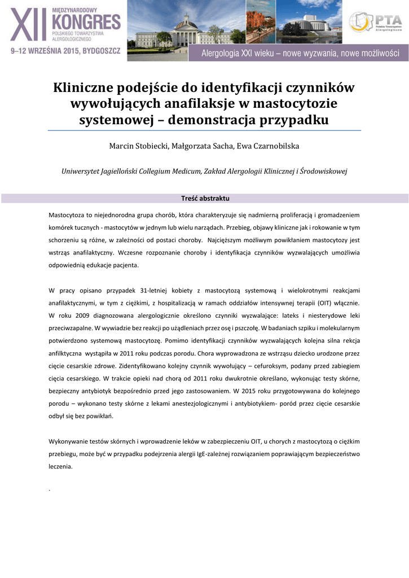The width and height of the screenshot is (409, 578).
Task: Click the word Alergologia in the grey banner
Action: (x=225, y=54)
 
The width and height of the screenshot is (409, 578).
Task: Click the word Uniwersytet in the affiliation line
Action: (x=83, y=171)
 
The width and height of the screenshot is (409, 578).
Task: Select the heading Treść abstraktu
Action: (x=204, y=198)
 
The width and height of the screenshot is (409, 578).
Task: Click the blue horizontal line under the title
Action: (x=204, y=130)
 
